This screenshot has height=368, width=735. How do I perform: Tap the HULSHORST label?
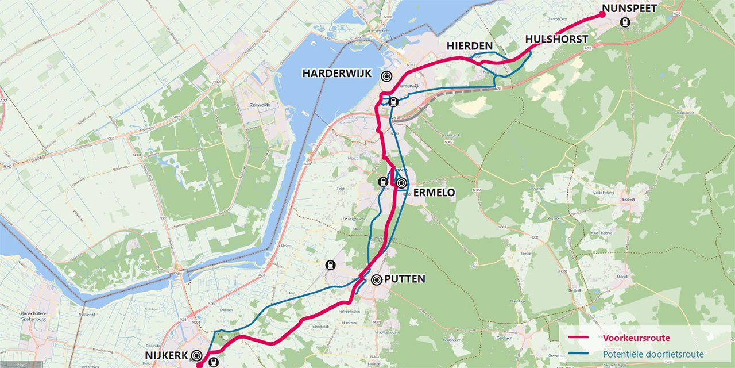tap(556, 39)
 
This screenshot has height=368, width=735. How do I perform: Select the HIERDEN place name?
tap(470, 46)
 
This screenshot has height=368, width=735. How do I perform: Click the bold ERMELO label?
tap(434, 193)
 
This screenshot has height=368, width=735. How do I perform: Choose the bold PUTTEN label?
tap(405, 279)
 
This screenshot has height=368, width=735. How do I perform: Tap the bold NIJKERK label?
tap(165, 356)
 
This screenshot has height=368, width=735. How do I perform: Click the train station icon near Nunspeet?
tap(625, 23)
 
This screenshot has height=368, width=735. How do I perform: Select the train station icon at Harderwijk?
tap(393, 102)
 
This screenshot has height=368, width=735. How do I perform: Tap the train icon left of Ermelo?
tap(383, 182)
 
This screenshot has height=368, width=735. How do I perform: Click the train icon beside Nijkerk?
tap(214, 362)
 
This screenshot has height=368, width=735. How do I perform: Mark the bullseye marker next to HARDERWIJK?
tap(387, 75)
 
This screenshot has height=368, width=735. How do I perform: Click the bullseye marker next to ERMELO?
tap(401, 183)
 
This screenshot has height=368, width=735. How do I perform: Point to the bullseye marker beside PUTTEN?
tap(377, 280)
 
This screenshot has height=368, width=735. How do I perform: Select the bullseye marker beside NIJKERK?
tap(198, 356)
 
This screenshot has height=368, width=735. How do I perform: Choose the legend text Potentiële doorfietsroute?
tap(653, 355)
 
